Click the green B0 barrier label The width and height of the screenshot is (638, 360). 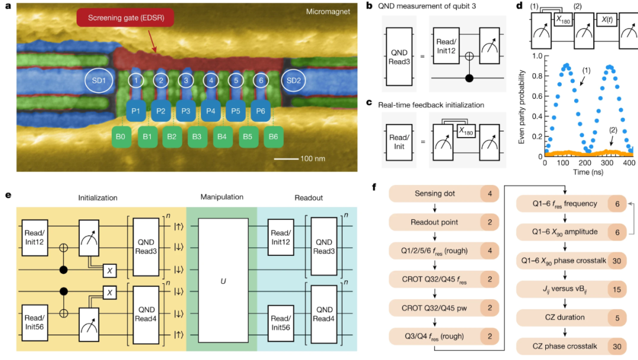(122, 137)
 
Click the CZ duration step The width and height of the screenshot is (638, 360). (562, 317)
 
